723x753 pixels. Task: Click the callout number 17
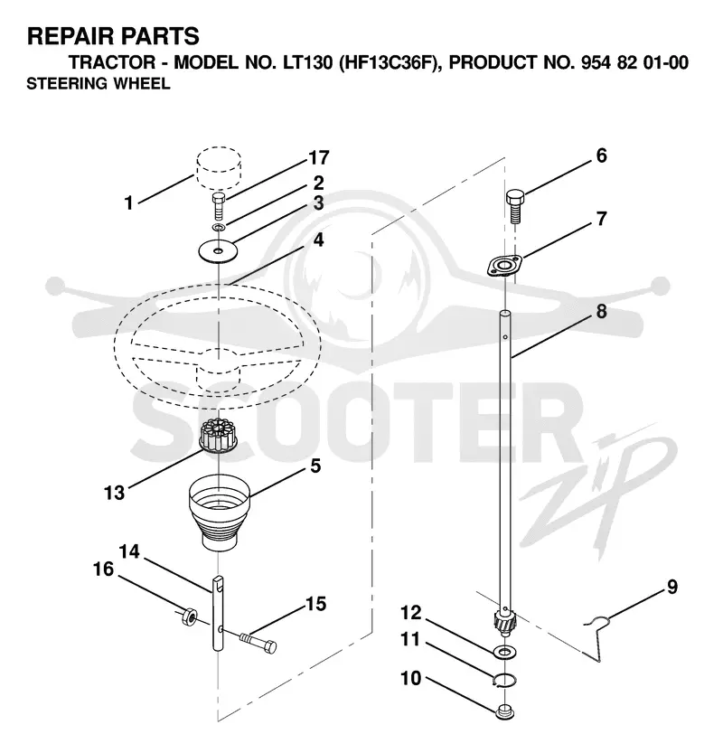point(319,157)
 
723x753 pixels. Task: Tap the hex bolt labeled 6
point(514,206)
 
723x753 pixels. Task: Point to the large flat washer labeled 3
point(219,250)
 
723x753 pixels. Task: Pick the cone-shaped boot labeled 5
point(219,512)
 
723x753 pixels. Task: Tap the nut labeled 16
point(189,616)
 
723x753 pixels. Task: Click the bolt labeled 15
point(258,643)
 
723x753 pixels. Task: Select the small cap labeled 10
point(504,711)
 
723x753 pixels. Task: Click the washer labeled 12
point(504,652)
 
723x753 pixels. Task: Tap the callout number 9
point(671,587)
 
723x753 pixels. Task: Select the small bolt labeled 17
point(219,206)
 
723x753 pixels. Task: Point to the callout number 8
point(601,312)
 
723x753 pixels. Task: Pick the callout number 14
point(129,551)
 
